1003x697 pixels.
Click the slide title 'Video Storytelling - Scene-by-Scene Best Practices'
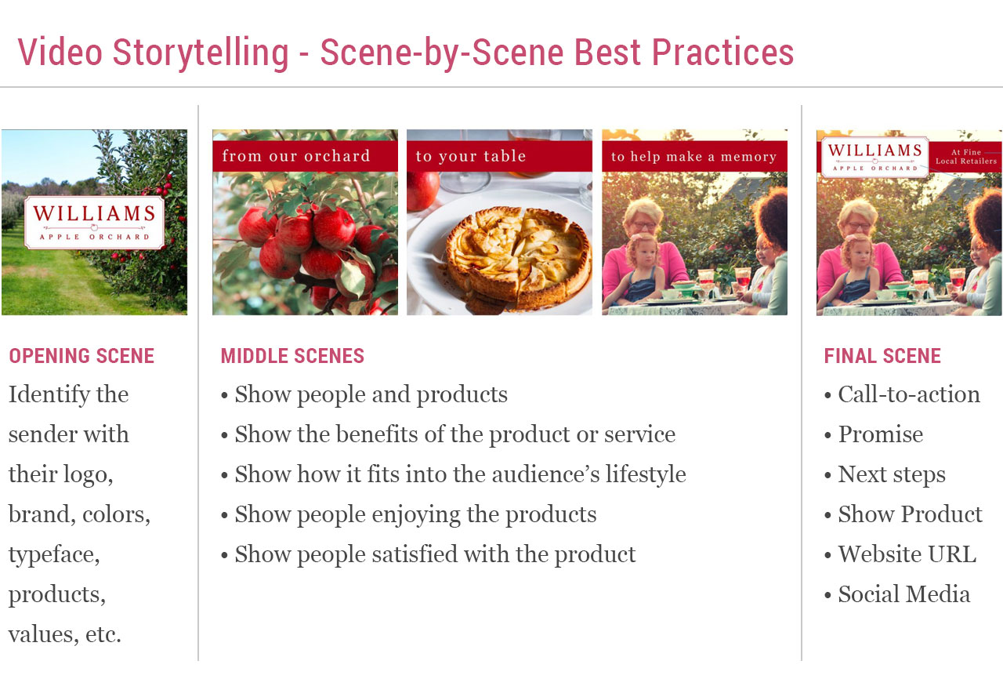tap(406, 53)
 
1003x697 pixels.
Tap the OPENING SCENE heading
tap(81, 356)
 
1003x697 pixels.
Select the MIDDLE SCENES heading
tap(292, 356)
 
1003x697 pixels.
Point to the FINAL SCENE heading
tap(882, 356)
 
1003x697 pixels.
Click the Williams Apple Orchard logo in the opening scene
tap(94, 222)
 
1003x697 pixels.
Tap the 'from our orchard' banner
tap(296, 156)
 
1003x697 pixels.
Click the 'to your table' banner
tap(471, 156)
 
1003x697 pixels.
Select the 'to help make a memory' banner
tap(693, 157)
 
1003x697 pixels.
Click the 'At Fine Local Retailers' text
tap(966, 157)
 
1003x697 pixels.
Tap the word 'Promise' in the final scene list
tap(881, 434)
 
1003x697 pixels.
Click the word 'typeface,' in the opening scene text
tap(54, 554)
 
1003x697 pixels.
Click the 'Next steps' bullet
tap(892, 474)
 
